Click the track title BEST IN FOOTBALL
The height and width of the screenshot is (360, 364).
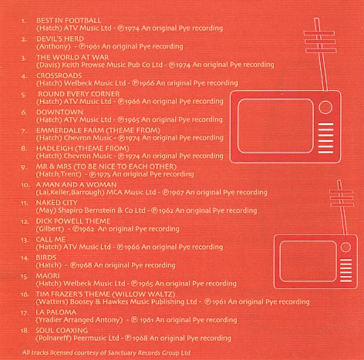point(69,21)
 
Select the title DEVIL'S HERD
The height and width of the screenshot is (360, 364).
point(60,39)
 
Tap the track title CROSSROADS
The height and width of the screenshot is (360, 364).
point(59,75)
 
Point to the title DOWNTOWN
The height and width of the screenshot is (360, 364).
point(59,112)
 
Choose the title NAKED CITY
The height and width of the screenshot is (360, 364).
point(56,203)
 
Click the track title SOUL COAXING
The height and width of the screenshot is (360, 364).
point(61,330)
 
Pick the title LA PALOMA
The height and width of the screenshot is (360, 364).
point(56,312)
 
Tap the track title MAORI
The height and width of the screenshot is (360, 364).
point(47,276)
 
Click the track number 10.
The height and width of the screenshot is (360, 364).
point(25,185)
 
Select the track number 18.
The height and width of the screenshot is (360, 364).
point(25,331)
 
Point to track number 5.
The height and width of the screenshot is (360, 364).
point(24,95)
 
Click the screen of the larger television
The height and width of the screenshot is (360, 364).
point(275,126)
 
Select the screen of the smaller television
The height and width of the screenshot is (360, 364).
point(308,261)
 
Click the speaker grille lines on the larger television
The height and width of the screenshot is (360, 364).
point(326,138)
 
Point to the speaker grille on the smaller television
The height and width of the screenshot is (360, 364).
point(346,270)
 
